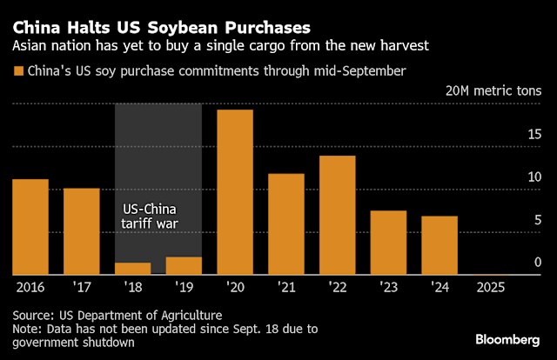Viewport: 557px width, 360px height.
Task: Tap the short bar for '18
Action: pyautogui.click(x=132, y=268)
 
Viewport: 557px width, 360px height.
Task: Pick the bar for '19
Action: pyautogui.click(x=184, y=265)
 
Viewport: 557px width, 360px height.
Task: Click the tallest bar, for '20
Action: pyautogui.click(x=235, y=191)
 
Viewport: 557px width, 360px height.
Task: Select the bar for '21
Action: pyautogui.click(x=286, y=223)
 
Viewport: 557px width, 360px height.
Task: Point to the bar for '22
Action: pyautogui.click(x=337, y=215)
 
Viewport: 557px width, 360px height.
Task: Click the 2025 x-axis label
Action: pyautogui.click(x=491, y=285)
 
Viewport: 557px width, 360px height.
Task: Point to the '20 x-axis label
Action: pyautogui.click(x=235, y=285)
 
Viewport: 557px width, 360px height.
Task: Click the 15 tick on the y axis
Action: pyautogui.click(x=536, y=134)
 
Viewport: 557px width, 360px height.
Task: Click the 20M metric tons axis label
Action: pyautogui.click(x=493, y=91)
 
